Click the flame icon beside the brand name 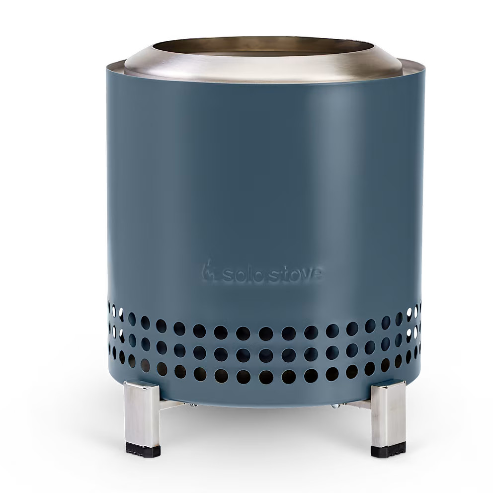(x=208, y=271)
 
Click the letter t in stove (x=285, y=274)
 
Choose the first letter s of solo (x=227, y=276)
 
